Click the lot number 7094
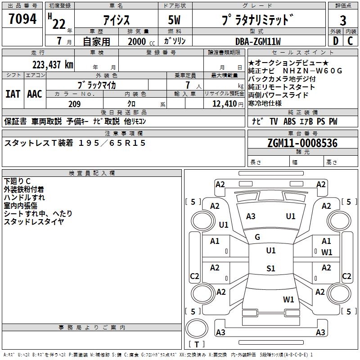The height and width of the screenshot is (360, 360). tap(22, 19)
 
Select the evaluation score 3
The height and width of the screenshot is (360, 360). tap(343, 20)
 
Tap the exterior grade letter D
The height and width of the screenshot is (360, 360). tap(335, 40)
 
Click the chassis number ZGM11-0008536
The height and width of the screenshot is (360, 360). tap(302, 143)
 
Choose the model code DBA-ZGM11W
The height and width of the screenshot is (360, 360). tap(258, 41)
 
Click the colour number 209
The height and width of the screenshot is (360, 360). tap(74, 104)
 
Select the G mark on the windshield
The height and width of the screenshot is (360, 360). tap(257, 237)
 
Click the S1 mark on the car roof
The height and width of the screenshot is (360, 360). tap(270, 269)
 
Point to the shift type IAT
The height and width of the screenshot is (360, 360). tap(13, 94)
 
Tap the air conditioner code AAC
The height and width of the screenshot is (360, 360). tap(35, 94)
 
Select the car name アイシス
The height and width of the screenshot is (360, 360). tap(116, 20)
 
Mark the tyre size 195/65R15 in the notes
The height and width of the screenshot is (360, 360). tap(112, 143)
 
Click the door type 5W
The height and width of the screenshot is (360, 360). tap(174, 20)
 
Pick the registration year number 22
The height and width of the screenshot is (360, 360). tap(58, 23)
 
